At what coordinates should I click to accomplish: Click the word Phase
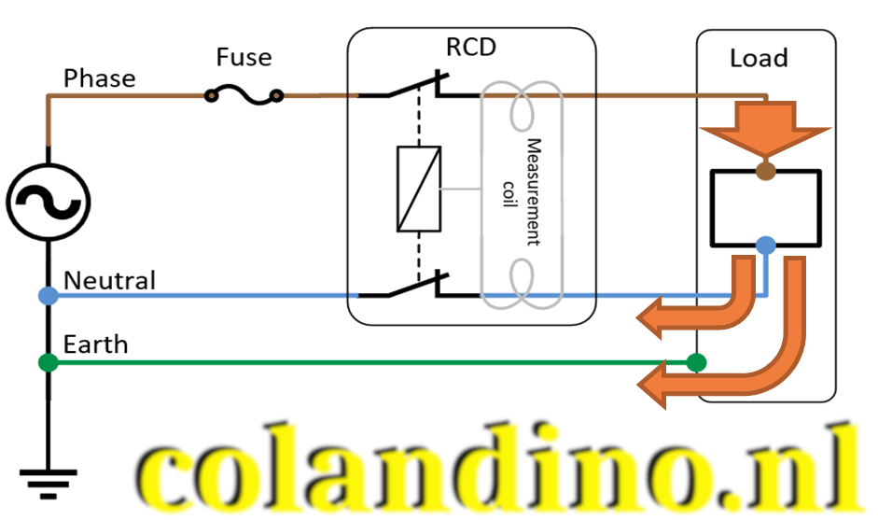point(99,78)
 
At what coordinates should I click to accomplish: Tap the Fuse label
point(244,57)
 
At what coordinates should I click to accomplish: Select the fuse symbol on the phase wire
point(244,94)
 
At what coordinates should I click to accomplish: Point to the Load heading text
point(759,58)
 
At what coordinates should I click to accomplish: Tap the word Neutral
point(109,279)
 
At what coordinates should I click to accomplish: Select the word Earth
point(95,344)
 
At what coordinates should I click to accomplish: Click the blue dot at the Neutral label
point(48,296)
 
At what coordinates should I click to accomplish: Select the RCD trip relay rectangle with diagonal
point(419,189)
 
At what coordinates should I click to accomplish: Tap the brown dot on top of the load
point(765,170)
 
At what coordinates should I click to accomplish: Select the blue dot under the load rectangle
point(765,246)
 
